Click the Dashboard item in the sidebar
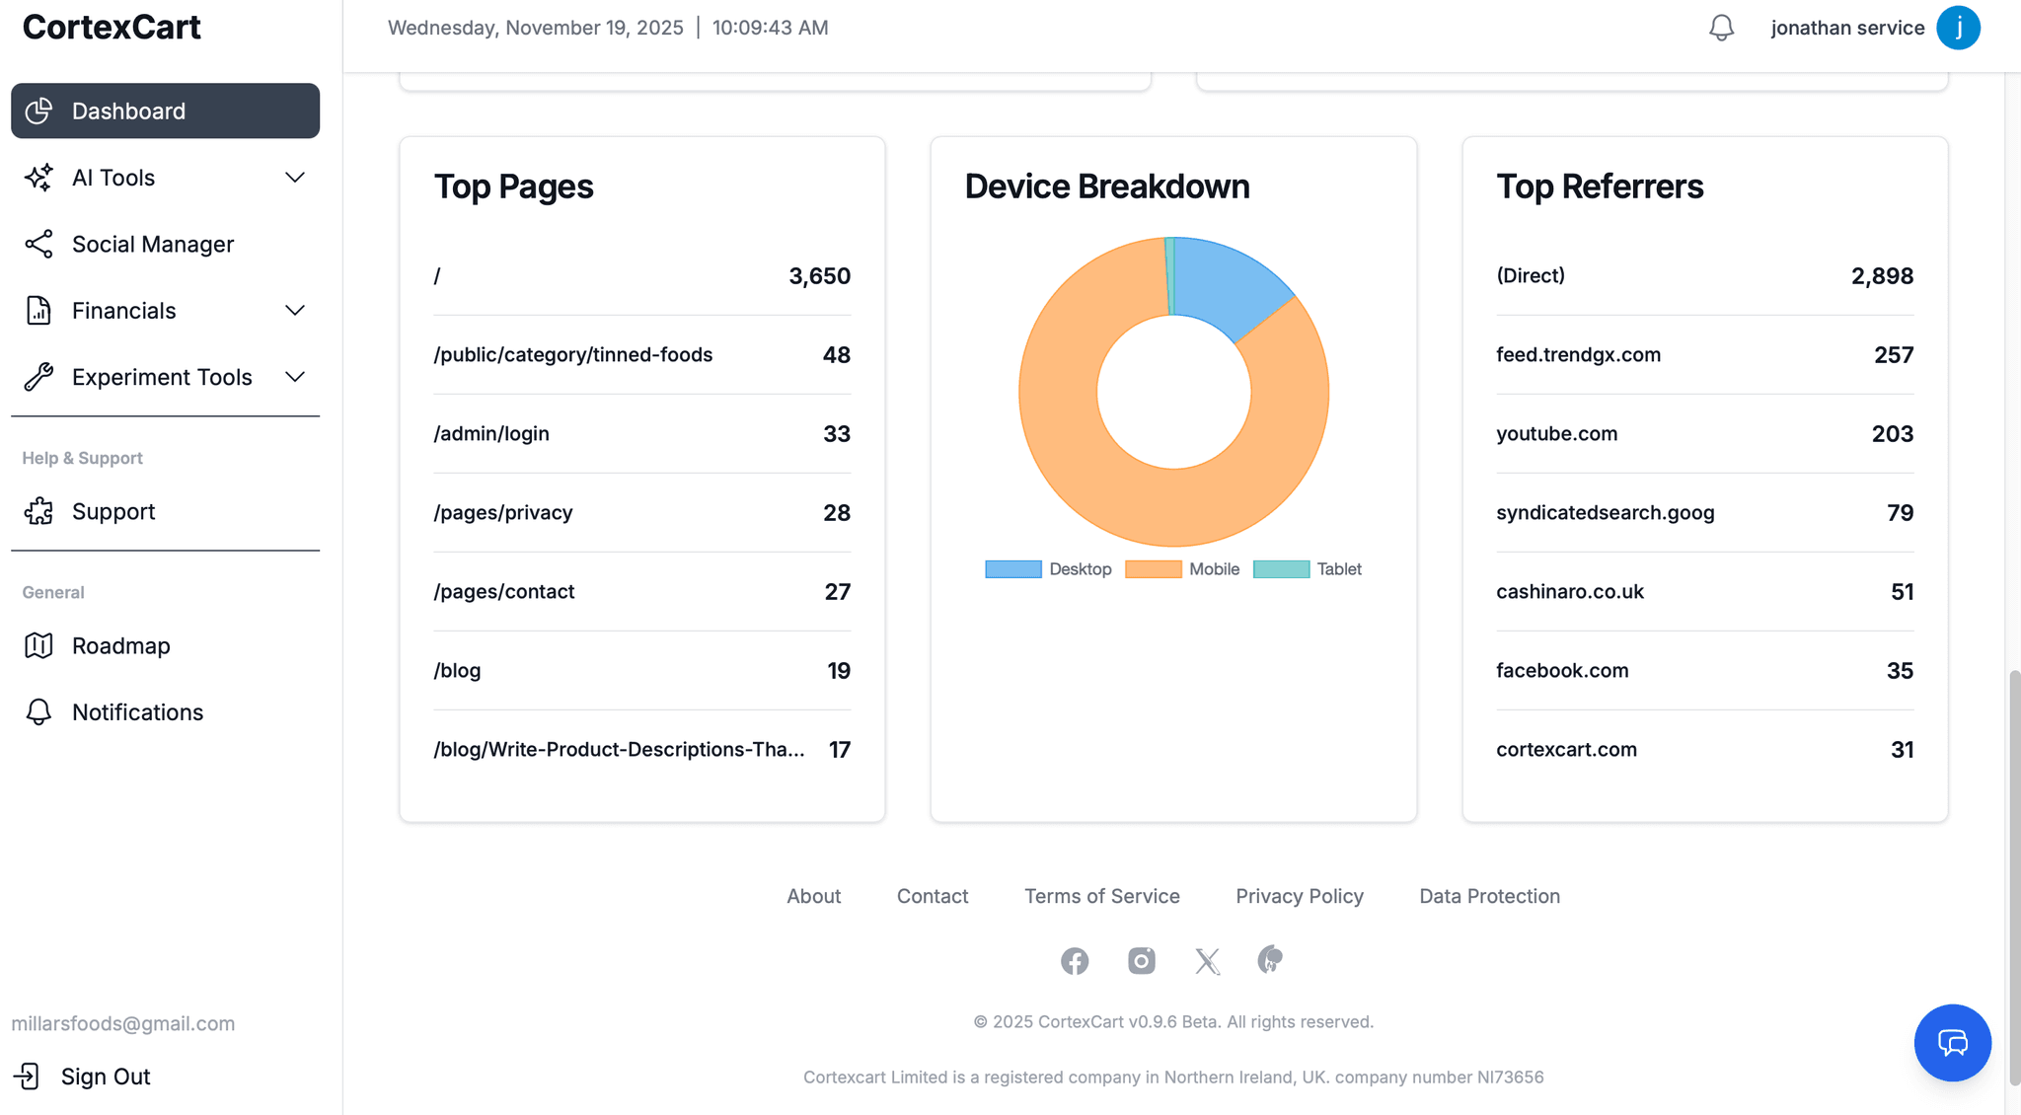click(165, 111)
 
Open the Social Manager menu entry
click(152, 244)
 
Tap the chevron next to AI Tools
click(294, 178)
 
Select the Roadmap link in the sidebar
click(120, 645)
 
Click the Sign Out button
click(105, 1077)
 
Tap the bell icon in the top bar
click(1721, 28)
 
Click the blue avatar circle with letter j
click(1958, 28)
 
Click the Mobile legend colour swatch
click(1153, 569)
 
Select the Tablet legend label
click(1338, 569)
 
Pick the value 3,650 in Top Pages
click(819, 276)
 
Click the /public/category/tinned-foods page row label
click(572, 355)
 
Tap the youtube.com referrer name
click(1556, 434)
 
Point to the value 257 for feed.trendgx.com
click(1893, 355)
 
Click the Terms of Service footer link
click(1101, 896)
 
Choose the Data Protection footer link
click(1489, 896)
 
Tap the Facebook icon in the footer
click(1075, 961)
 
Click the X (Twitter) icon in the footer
click(1207, 961)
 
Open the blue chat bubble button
click(1952, 1043)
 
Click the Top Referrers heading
click(1600, 186)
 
